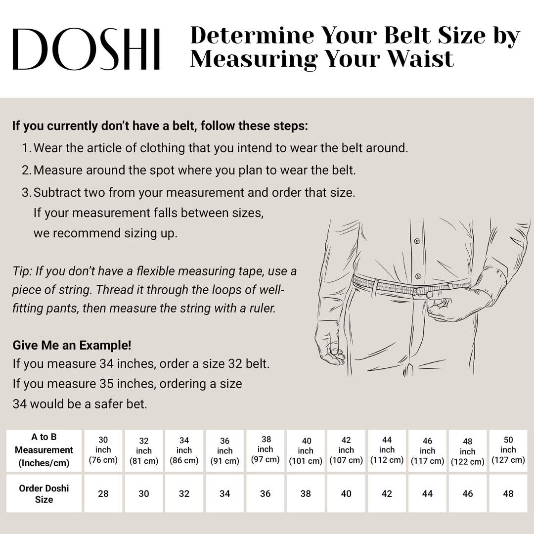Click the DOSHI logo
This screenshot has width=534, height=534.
(86, 48)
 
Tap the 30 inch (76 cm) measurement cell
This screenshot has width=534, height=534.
(103, 450)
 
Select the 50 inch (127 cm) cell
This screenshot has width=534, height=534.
(508, 450)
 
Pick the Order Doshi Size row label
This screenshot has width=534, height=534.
(44, 493)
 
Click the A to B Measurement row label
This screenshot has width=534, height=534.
(44, 450)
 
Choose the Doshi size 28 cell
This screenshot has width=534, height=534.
(103, 493)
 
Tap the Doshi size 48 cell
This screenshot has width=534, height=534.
(508, 493)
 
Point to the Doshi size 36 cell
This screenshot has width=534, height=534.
(266, 493)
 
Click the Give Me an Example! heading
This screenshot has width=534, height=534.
(72, 345)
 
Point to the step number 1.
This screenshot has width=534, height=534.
(26, 148)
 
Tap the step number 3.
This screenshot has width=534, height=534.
(26, 192)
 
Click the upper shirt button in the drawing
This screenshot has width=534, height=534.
(417, 242)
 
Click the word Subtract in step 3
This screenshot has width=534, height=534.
(55, 192)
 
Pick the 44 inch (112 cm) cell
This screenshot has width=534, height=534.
(387, 450)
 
